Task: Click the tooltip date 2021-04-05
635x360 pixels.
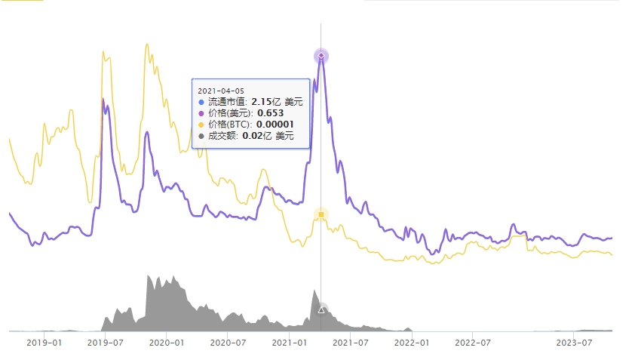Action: click(x=221, y=91)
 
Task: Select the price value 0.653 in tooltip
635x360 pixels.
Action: click(x=269, y=113)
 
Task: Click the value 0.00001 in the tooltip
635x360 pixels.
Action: click(x=275, y=125)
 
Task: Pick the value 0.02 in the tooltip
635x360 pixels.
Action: click(x=252, y=136)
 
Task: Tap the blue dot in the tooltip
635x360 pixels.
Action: click(x=201, y=102)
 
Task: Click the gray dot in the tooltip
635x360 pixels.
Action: click(x=201, y=136)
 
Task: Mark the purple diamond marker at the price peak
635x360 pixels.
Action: click(x=321, y=56)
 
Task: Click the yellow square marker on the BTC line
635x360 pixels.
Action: click(x=321, y=215)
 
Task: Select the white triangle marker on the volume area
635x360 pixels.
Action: click(x=321, y=309)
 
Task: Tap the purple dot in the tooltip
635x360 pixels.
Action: click(x=201, y=113)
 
